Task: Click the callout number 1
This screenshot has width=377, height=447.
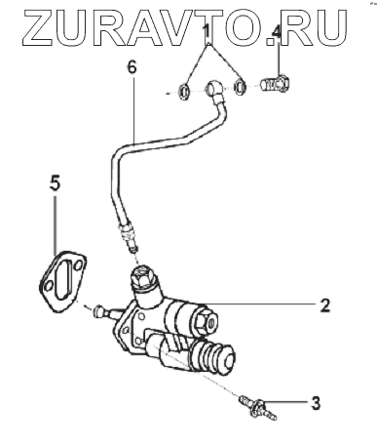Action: (207, 30)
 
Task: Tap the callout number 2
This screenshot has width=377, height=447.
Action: (324, 305)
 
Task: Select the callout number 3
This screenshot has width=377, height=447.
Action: (316, 403)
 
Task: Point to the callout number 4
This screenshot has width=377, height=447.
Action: (276, 33)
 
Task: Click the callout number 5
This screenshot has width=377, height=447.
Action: (55, 183)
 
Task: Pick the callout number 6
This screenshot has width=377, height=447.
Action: (132, 67)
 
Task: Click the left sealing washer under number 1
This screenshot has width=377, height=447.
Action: (184, 91)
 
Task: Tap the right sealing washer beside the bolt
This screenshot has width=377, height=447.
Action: (240, 86)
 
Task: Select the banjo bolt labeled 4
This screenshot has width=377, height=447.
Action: (275, 83)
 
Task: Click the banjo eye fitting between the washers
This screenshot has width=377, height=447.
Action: (213, 89)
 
